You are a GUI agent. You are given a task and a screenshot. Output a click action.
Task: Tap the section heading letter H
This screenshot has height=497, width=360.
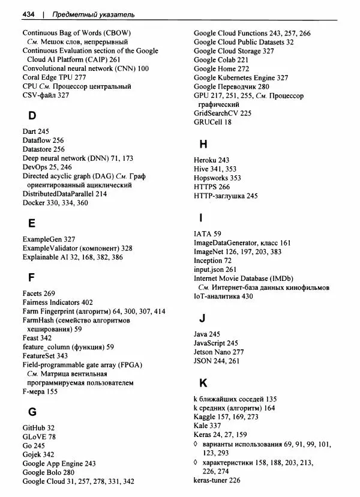click(x=203, y=144)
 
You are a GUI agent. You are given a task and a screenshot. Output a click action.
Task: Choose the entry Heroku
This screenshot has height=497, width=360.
click(x=206, y=160)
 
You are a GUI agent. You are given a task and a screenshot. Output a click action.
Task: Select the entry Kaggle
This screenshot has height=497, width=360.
click(x=206, y=416)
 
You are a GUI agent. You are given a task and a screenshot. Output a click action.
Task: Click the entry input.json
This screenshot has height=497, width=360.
click(x=209, y=270)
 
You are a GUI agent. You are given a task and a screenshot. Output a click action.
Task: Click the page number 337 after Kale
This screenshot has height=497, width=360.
click(x=215, y=425)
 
